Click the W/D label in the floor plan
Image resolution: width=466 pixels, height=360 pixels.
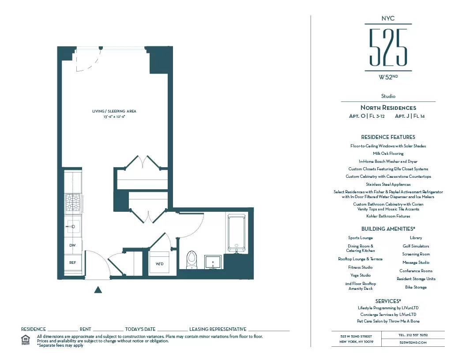[159, 264]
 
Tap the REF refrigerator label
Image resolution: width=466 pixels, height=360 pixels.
[73, 262]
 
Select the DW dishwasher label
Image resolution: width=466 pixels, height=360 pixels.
[73, 245]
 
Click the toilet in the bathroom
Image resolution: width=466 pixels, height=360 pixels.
[192, 259]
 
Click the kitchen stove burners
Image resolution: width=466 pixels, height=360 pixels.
[73, 203]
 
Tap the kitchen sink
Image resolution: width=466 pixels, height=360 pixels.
[73, 226]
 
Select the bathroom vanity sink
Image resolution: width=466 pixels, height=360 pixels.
[214, 262]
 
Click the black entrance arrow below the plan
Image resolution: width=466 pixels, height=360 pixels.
[98, 289]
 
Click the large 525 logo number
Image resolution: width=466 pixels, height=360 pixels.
[388, 47]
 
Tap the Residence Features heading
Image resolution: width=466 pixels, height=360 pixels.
[388, 137]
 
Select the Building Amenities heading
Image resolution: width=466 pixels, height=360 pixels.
[388, 229]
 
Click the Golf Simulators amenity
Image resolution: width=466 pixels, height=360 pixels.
[416, 246]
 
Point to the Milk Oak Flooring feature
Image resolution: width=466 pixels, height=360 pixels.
[388, 154]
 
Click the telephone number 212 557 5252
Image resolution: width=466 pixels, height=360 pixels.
[413, 335]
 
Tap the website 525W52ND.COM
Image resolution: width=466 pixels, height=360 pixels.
[413, 342]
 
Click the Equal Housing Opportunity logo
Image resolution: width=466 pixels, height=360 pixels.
[26, 340]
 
